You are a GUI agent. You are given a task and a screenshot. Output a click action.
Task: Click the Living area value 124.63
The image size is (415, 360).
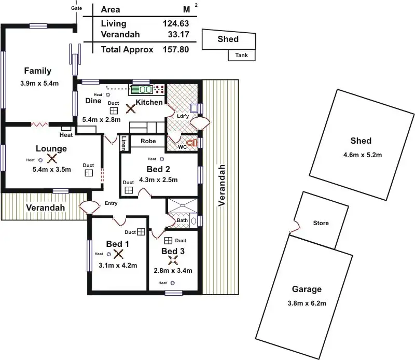point(175,23)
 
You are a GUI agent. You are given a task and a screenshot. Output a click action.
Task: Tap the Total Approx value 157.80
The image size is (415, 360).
point(175,50)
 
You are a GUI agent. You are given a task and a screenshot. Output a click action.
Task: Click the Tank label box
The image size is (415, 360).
point(241,55)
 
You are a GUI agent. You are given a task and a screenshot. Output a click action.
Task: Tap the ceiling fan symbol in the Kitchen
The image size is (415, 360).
point(131,109)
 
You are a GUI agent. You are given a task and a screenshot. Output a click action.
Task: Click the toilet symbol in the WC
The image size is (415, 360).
point(192,142)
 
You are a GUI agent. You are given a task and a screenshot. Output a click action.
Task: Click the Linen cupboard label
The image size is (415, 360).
point(123,143)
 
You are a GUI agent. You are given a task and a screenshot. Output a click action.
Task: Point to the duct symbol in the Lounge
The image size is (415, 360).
point(89,173)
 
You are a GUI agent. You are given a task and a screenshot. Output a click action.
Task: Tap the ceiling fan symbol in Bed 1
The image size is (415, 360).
point(118,254)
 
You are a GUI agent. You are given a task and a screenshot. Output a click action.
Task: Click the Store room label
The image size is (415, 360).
point(321,224)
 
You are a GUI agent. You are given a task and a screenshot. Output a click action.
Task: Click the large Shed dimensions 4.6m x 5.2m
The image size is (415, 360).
point(362,155)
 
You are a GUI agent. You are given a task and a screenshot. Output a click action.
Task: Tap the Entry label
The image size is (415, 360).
point(111,203)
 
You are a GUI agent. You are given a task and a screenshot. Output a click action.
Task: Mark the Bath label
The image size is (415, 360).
point(182,220)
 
